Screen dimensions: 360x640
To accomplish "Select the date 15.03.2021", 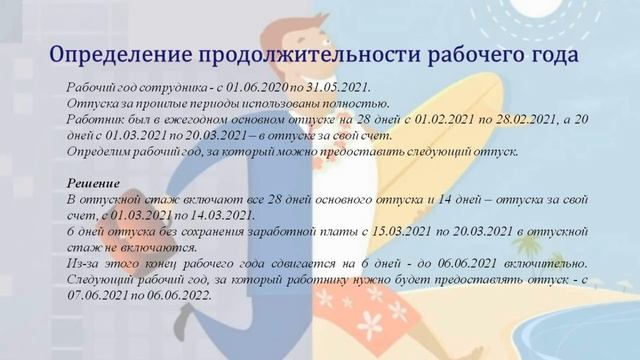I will tap(371, 230).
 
